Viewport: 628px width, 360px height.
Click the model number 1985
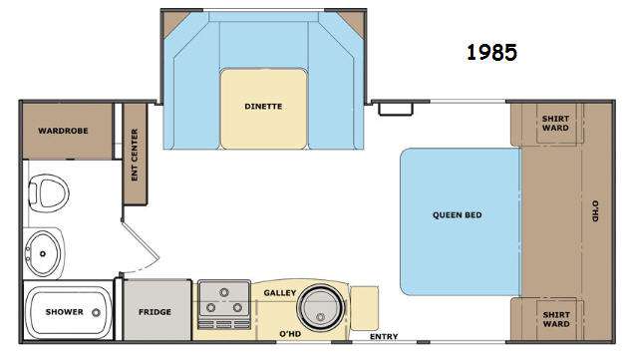click(491, 53)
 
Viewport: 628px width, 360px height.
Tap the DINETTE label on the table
click(263, 107)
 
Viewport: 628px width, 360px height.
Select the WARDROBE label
click(63, 131)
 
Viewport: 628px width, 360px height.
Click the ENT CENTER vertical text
click(135, 155)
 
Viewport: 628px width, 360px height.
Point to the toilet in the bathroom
click(49, 193)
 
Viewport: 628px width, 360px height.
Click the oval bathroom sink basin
click(43, 253)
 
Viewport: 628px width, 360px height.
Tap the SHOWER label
click(64, 312)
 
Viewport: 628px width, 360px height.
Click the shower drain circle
click(96, 313)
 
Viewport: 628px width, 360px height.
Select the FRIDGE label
click(155, 312)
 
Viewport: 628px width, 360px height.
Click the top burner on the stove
click(224, 292)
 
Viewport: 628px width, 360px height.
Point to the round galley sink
click(320, 307)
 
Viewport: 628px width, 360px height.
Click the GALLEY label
click(279, 293)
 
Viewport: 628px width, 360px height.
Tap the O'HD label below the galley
click(290, 333)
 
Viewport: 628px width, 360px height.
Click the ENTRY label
click(384, 336)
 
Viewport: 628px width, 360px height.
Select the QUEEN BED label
click(457, 214)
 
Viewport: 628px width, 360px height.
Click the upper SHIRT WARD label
click(555, 123)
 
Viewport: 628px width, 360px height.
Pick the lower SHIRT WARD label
click(556, 319)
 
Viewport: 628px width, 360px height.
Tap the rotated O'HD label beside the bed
click(595, 211)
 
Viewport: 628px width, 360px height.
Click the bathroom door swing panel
click(141, 239)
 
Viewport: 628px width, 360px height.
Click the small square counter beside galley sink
click(364, 308)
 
